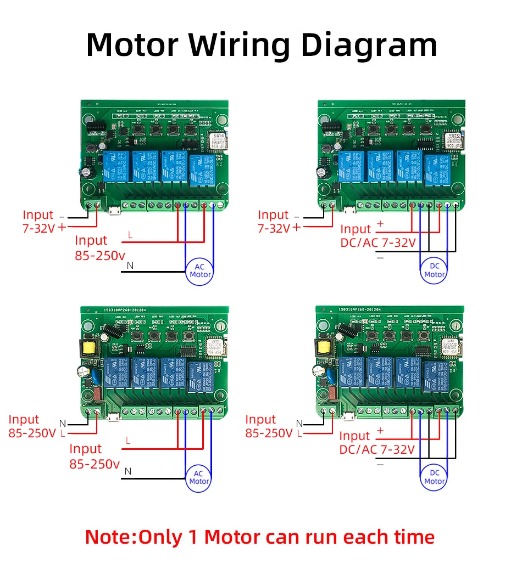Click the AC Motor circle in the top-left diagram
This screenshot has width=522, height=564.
pos(200,270)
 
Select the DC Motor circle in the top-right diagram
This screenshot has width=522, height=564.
pos(435,270)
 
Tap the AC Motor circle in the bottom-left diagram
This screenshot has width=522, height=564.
pos(199,477)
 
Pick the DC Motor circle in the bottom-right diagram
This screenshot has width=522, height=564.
pos(434,477)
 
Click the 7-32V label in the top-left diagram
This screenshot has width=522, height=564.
pos(38,229)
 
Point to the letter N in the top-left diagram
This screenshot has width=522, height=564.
pos(130,266)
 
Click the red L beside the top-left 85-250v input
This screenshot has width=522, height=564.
pos(129,234)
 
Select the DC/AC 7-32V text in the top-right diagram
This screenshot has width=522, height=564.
pos(377,242)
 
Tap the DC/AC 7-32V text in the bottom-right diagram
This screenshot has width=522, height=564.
pos(376,449)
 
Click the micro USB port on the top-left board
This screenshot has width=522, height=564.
pos(113,210)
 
